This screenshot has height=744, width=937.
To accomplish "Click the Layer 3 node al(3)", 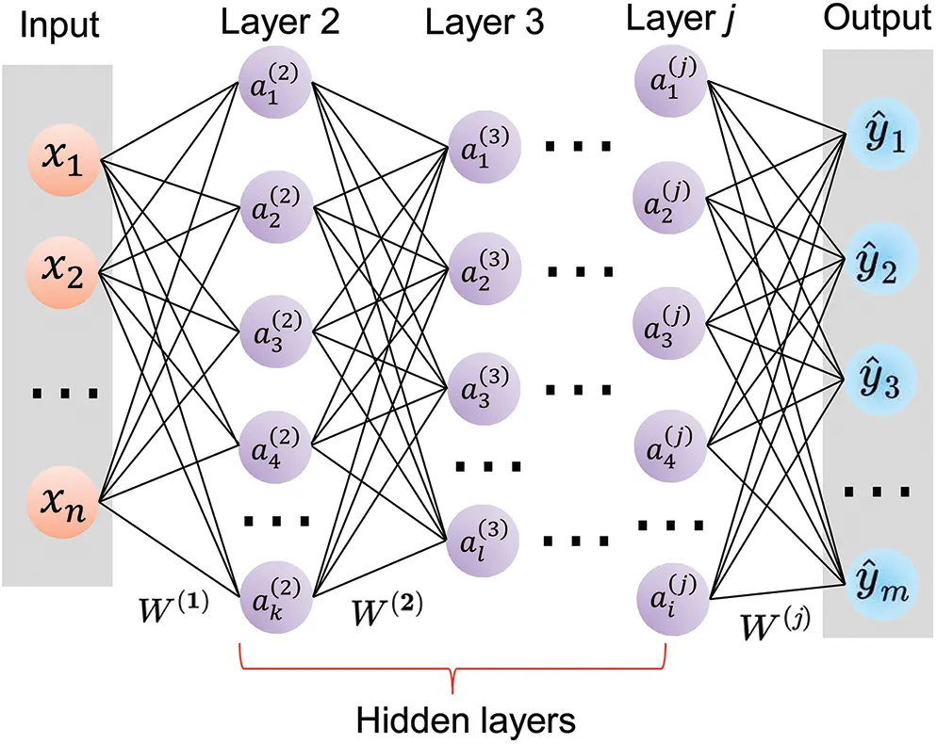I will click(483, 540).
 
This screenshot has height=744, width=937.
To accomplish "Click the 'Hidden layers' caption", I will click(466, 720).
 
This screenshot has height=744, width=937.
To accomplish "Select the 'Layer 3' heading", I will click(485, 22).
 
